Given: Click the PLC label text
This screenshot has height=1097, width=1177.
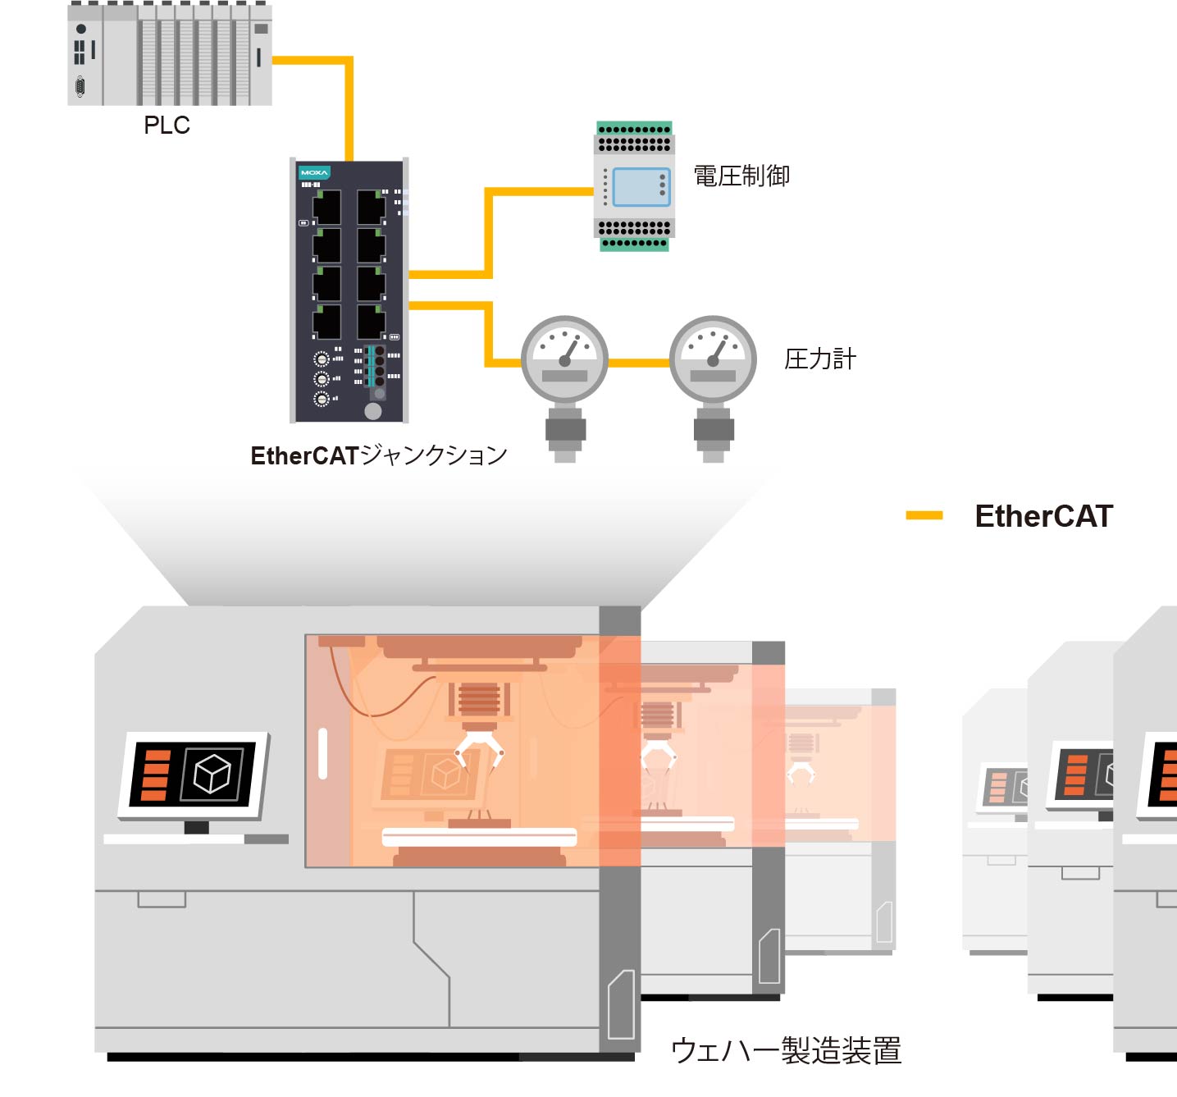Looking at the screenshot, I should [167, 126].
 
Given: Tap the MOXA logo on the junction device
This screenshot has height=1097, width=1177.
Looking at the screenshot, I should [314, 172].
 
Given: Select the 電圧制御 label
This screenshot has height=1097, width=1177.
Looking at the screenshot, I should [741, 176].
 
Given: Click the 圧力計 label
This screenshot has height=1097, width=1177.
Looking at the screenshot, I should [819, 359].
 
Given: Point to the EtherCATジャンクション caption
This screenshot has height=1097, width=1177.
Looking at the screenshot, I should [379, 455].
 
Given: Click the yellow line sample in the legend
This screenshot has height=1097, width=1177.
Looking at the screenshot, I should [924, 515].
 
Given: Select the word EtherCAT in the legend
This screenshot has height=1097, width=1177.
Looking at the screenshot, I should [1043, 516].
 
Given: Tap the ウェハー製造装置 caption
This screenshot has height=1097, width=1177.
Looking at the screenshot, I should [786, 1051].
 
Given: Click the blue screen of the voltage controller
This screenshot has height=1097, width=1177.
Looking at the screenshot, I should [641, 187].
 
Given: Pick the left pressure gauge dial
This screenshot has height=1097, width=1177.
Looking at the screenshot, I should [564, 359].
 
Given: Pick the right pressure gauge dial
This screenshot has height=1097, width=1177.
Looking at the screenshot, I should [713, 359].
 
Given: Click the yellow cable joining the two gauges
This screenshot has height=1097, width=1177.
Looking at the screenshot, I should [639, 362].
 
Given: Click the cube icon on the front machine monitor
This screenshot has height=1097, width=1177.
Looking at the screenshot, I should [212, 773].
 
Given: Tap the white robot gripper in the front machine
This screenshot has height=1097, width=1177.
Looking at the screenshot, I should [480, 749].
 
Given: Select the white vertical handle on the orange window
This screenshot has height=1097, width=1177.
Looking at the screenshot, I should [322, 752].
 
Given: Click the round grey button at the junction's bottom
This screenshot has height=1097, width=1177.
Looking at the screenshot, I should [373, 411].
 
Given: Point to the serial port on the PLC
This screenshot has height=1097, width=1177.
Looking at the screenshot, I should [80, 85].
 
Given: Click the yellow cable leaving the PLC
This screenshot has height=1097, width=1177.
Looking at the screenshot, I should [312, 60].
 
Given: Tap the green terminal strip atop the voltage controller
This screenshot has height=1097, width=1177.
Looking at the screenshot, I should [634, 129].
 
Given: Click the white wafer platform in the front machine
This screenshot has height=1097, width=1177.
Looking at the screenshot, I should [480, 837].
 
